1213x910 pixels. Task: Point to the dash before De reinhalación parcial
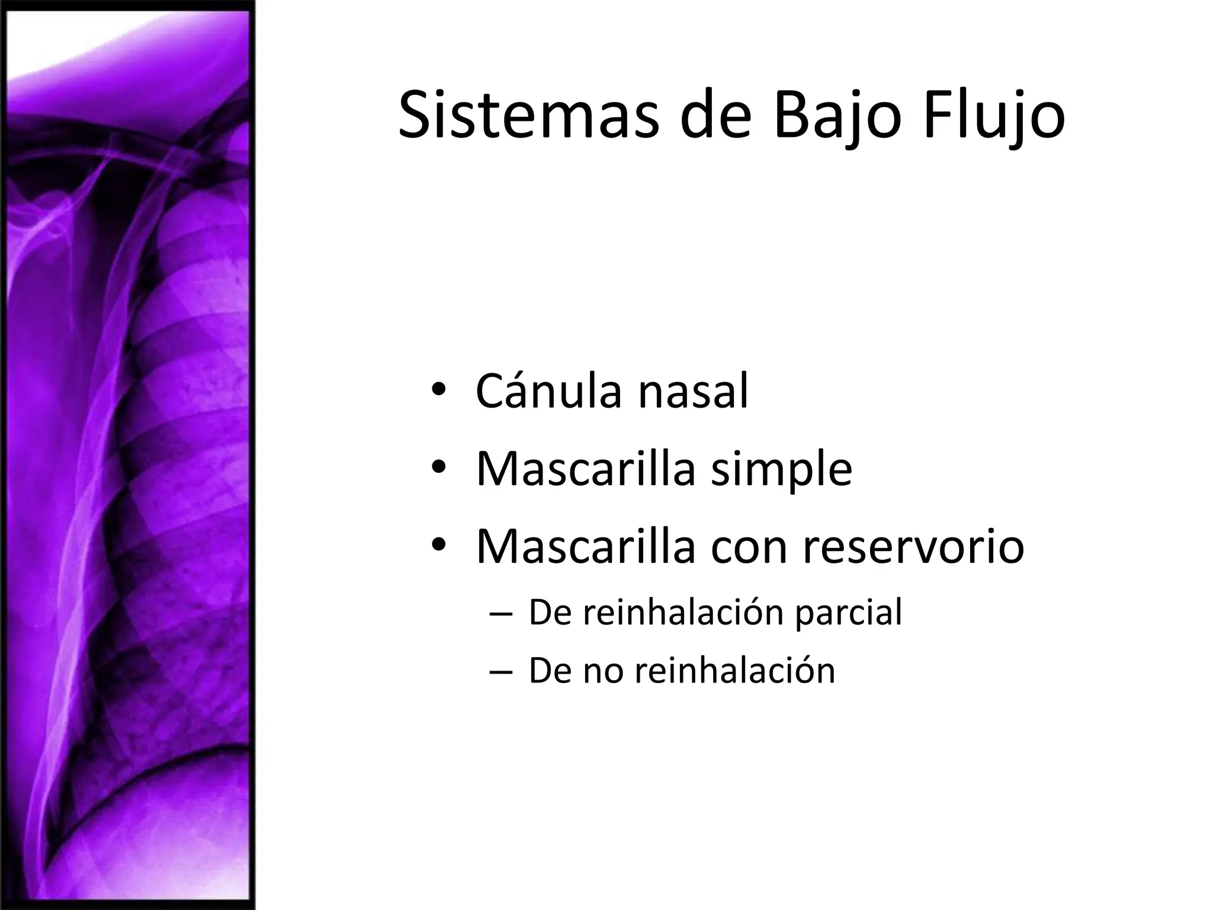point(500,614)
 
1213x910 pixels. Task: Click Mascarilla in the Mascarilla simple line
point(585,469)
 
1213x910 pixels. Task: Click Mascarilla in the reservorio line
point(585,546)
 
